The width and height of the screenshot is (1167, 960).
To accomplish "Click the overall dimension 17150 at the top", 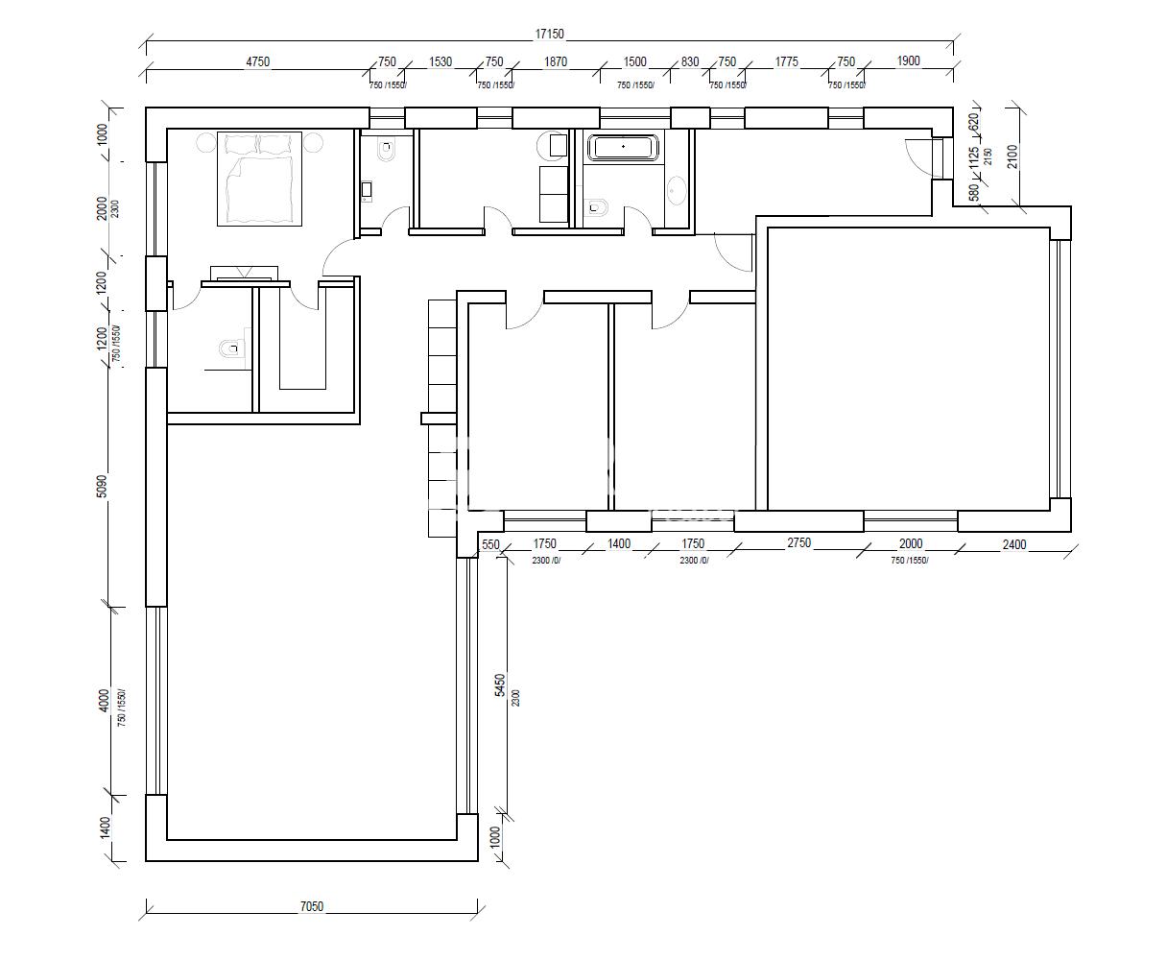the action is (549, 34).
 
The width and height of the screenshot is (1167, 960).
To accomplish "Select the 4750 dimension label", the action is (258, 61).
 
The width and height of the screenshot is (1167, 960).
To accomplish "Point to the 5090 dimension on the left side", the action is (103, 486).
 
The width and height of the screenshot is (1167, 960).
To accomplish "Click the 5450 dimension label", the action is (500, 684).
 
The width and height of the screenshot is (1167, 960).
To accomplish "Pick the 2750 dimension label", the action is (799, 543).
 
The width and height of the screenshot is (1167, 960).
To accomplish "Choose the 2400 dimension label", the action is (1014, 544).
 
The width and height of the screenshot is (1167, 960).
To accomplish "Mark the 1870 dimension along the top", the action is (556, 61).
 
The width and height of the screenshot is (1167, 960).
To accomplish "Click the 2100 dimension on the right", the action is (1012, 156).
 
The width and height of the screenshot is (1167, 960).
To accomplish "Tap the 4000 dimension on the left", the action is (104, 701).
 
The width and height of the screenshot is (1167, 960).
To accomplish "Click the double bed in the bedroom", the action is (259, 179).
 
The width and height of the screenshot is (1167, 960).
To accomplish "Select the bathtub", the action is (623, 147).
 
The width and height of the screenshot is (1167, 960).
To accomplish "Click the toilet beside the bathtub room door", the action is (597, 207).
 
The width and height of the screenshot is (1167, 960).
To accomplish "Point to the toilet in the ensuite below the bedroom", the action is (231, 348).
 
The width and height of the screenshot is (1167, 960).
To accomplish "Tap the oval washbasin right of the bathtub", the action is (677, 191).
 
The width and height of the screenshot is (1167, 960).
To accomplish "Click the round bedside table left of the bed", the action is (205, 142).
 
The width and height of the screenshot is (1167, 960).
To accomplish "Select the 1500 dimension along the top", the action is (634, 61).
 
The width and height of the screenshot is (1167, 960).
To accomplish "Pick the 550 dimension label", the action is (490, 544).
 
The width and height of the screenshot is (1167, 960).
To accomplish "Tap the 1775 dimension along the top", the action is (786, 61).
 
